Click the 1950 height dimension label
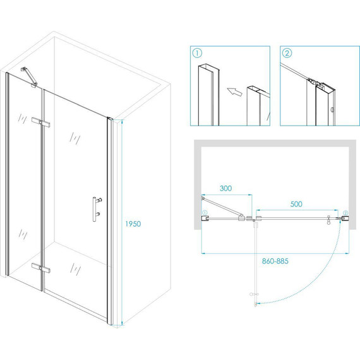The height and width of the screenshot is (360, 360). [x=133, y=224]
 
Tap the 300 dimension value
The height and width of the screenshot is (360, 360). [x=225, y=188]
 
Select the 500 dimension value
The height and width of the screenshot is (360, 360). [x=296, y=204]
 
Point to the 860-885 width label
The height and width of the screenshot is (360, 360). [x=275, y=261]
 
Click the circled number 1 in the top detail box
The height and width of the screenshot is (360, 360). [x=197, y=53]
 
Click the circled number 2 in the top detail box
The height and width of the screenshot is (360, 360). [x=287, y=53]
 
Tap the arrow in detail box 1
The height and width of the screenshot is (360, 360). [x=234, y=92]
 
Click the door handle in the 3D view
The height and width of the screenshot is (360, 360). [x=97, y=209]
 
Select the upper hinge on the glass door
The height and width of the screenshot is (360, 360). [x=41, y=123]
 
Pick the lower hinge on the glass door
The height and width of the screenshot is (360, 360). [x=41, y=268]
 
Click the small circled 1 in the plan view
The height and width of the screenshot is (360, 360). [x=205, y=212]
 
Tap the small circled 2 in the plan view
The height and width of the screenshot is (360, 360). [x=345, y=213]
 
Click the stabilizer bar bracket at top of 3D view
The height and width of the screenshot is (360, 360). [x=29, y=77]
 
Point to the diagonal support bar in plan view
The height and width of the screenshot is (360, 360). [x=222, y=207]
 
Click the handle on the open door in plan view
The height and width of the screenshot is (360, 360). [x=253, y=294]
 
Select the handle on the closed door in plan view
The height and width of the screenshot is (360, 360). [x=328, y=220]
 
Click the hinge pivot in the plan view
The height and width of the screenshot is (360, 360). [x=254, y=220]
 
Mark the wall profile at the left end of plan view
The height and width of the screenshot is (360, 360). [x=205, y=219]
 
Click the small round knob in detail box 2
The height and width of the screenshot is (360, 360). [x=332, y=110]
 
